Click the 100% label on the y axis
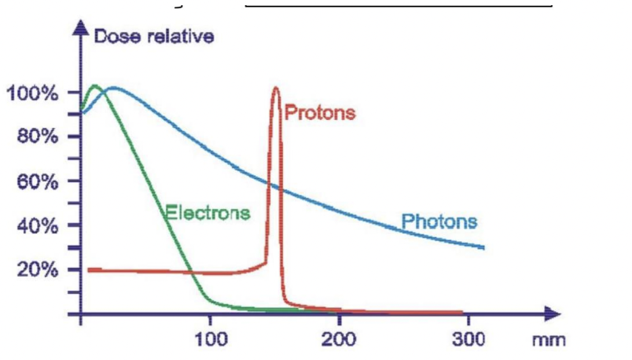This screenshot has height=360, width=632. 32,93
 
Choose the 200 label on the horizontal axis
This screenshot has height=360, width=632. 339,338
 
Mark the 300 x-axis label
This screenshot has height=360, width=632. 468,338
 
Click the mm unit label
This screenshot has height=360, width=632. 549,339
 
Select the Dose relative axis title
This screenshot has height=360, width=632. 153,36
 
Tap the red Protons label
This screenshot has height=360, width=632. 320,112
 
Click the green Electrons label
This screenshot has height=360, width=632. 208,212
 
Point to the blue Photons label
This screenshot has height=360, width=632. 440,221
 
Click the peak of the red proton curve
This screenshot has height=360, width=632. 275,88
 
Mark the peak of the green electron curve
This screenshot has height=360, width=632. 94,86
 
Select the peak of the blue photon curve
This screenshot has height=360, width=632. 113,89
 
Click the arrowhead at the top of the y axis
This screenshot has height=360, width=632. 82,28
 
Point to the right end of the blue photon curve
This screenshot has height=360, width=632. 483,247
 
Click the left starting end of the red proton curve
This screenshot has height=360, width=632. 89,269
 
